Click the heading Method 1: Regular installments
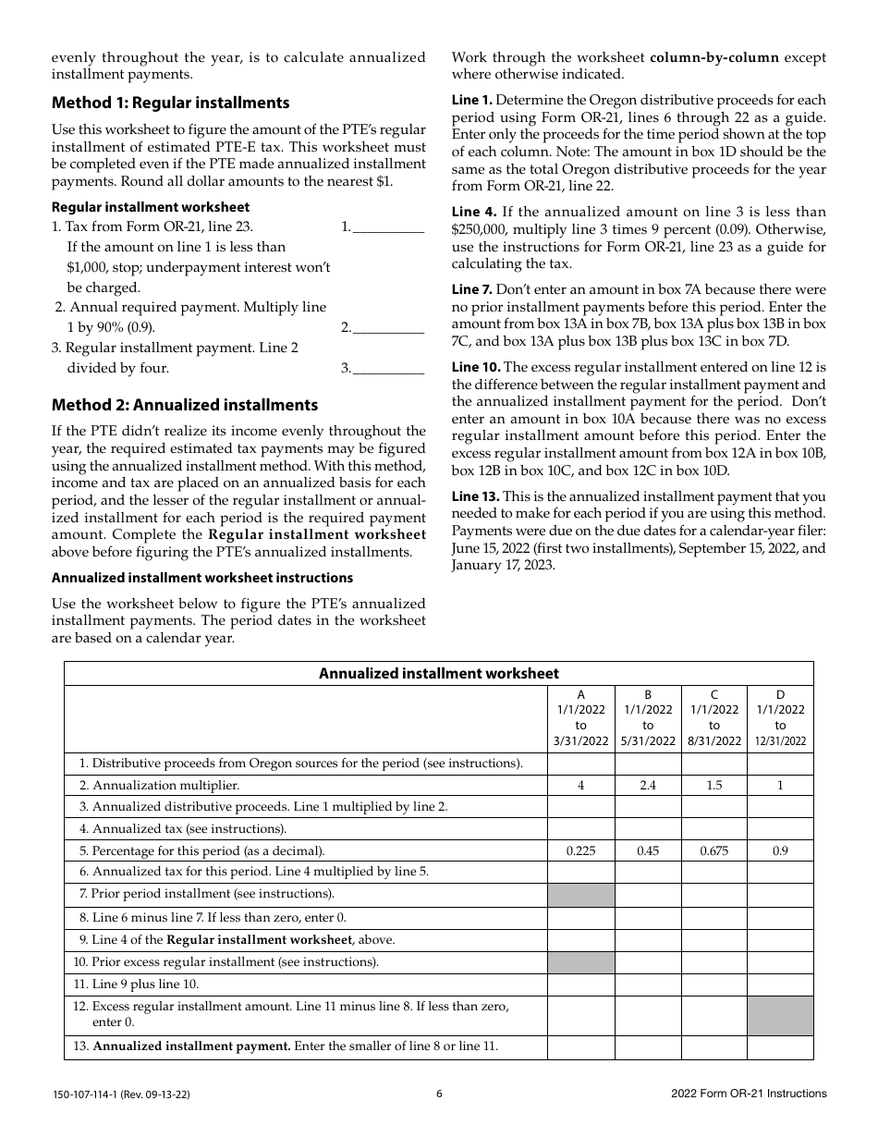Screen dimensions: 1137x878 click(x=170, y=103)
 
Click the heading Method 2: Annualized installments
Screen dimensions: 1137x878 click(x=184, y=405)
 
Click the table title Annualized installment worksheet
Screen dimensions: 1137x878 click(x=438, y=673)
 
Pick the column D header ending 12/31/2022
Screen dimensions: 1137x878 click(x=780, y=717)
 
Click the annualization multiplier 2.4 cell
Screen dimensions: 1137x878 click(x=647, y=786)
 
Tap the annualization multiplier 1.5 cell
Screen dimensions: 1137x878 click(x=713, y=786)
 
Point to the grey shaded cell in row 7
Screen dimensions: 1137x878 click(x=580, y=895)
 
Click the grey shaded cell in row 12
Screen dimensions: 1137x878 click(x=780, y=1015)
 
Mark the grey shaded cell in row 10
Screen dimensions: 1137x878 click(x=580, y=962)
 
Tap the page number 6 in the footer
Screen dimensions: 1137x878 click(x=439, y=1094)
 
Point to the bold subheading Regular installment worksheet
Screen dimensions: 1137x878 click(x=150, y=207)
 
